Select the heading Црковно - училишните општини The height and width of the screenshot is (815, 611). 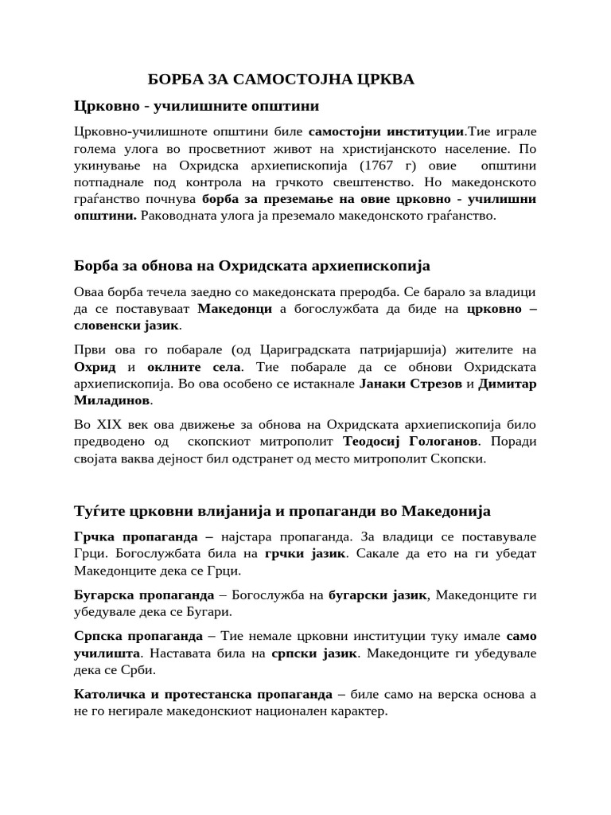tap(197, 106)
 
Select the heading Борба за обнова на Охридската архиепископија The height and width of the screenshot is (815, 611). tap(251, 264)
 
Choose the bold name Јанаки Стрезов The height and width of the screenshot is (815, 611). tap(411, 384)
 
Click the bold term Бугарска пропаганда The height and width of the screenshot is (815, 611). tap(144, 595)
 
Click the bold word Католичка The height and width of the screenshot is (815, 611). tap(111, 694)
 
